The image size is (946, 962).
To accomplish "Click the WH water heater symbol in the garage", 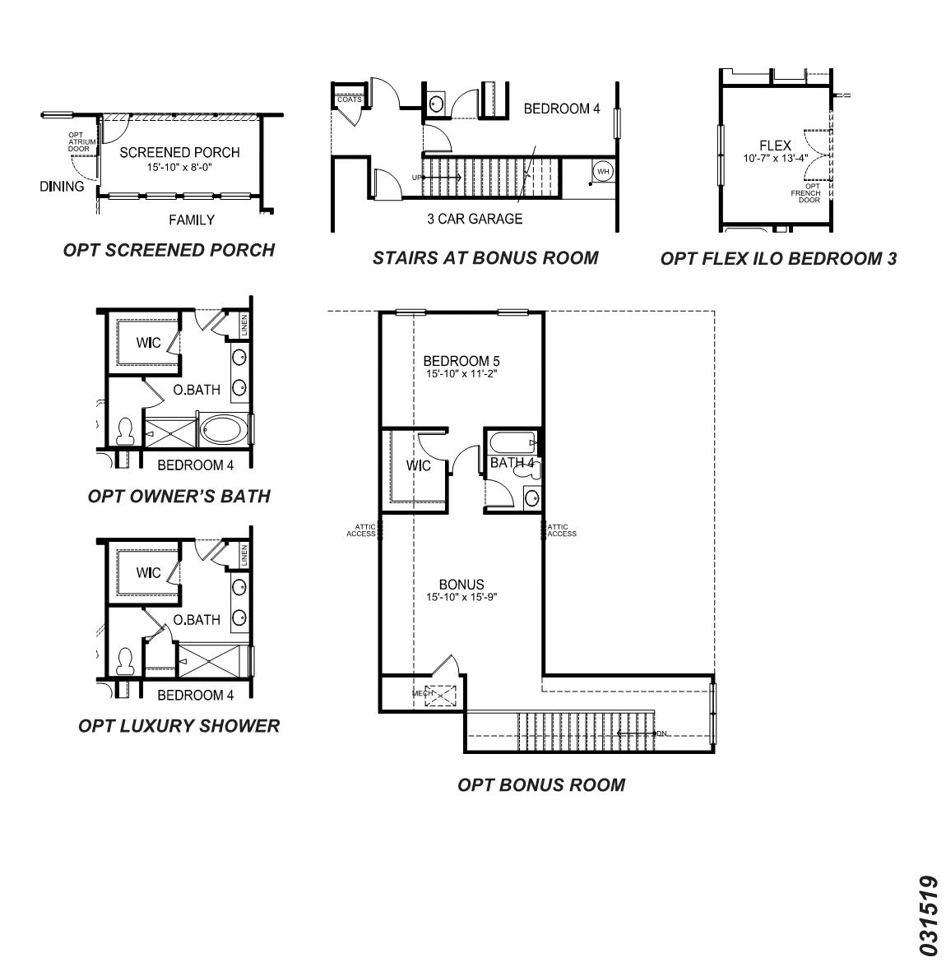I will (x=603, y=171).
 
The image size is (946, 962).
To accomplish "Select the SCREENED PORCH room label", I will (x=179, y=152).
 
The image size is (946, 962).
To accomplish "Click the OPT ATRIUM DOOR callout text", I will (x=78, y=141).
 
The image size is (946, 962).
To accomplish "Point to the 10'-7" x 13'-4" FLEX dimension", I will (x=775, y=158).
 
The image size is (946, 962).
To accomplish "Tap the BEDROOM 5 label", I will (x=461, y=360).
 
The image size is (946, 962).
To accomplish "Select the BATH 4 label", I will (x=512, y=463).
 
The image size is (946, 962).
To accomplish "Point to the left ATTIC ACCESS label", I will (x=361, y=530).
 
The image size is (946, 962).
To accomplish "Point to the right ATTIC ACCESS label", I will (x=562, y=530).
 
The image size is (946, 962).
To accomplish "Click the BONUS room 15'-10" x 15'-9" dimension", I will (x=461, y=597).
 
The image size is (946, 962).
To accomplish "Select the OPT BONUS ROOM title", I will (x=541, y=784).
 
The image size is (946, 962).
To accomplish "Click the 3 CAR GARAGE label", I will (x=475, y=219).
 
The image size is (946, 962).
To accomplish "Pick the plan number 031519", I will (x=930, y=915).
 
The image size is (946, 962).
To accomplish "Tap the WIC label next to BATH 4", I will (x=419, y=466).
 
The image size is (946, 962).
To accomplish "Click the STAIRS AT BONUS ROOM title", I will (x=485, y=257).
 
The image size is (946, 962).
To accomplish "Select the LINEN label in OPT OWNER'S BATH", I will (x=244, y=326).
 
